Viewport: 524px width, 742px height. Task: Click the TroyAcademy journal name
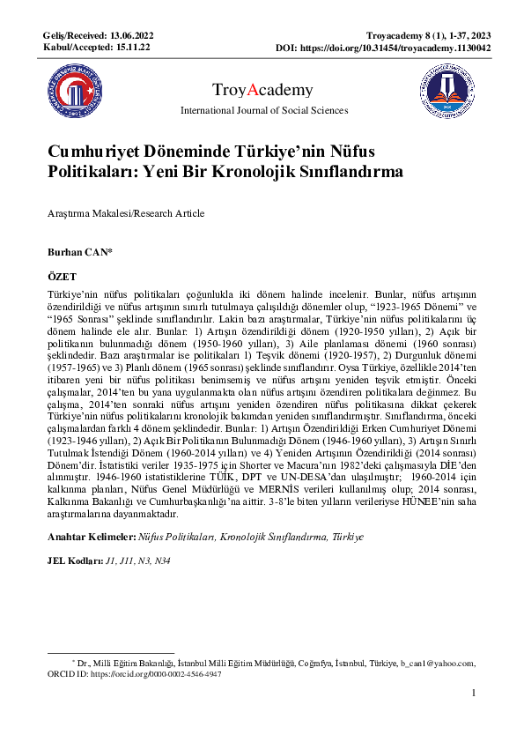tap(263, 90)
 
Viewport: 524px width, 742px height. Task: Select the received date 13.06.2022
tap(133, 34)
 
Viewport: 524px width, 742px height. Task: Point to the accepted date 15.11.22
tap(132, 46)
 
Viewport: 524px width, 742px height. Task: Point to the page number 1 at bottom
tap(474, 694)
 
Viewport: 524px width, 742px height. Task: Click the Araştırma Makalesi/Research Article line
tap(125, 213)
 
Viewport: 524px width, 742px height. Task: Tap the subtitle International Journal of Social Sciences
tap(263, 110)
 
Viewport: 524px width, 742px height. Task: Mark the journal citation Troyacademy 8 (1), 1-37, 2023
tap(428, 34)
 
